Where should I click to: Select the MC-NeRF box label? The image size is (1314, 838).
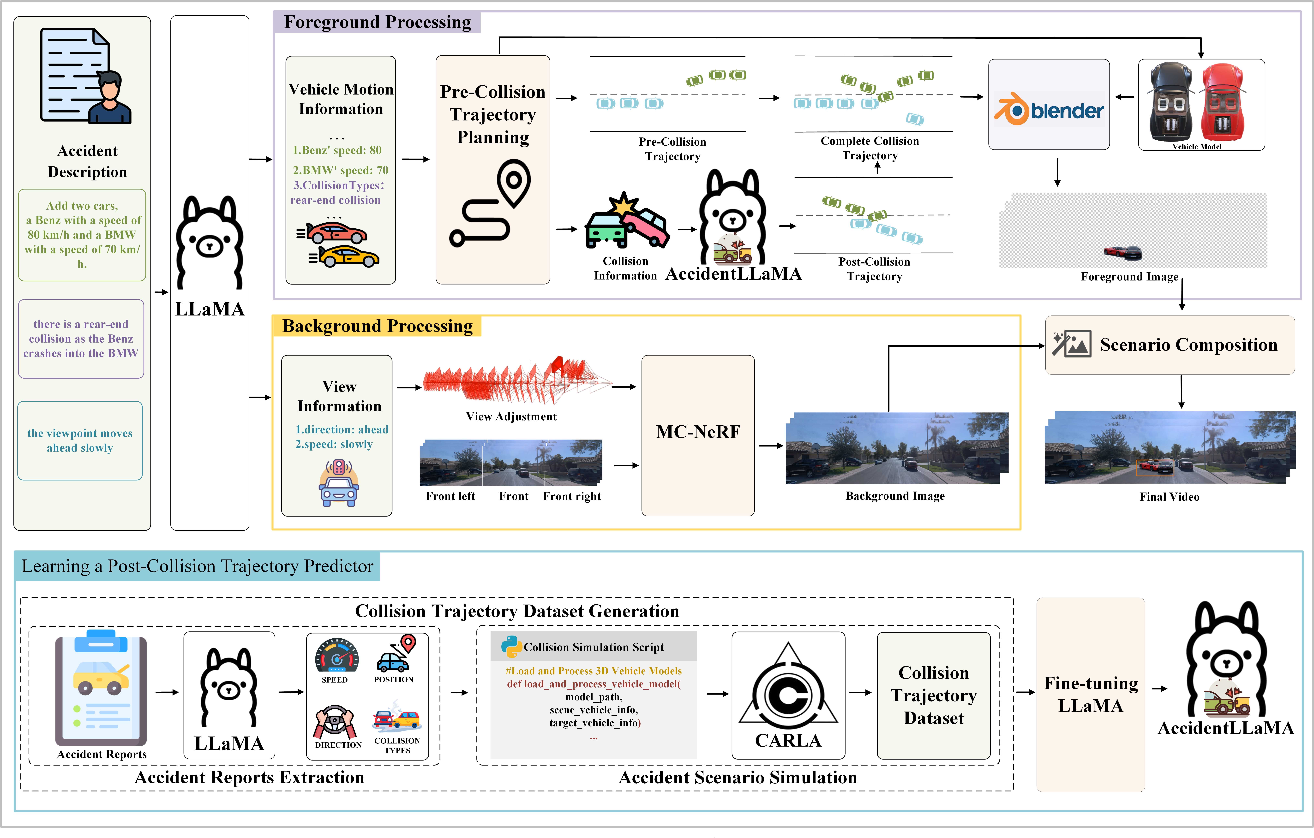pos(698,432)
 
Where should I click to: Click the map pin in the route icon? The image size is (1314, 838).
pos(513,183)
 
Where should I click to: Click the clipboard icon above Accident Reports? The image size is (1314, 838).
pos(101,687)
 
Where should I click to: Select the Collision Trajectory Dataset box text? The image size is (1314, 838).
pos(934,695)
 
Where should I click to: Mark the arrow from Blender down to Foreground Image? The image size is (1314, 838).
pos(1057,172)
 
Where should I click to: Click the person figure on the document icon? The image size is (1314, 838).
pos(110,98)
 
